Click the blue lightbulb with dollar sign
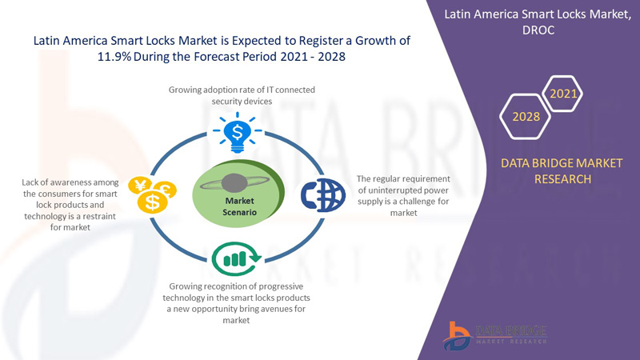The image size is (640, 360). coord(237,133)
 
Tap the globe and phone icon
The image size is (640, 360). coord(323,195)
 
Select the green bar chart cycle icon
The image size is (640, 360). coord(236,258)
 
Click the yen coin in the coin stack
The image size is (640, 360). coord(140,186)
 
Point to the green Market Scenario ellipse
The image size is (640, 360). coord(238,193)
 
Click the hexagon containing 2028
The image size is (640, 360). coord(526,117)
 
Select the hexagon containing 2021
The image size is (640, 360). coord(563,94)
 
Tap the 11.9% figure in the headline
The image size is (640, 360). coord(114,56)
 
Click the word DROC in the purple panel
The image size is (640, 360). coord(538,30)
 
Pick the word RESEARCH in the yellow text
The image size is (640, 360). coord(562,179)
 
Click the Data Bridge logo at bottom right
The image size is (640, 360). coord(494,336)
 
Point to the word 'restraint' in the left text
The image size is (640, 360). coord(98,216)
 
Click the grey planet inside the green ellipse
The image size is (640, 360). coord(234,182)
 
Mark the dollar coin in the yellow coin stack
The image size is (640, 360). coord(153,202)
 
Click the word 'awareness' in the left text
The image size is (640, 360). coord(71,182)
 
